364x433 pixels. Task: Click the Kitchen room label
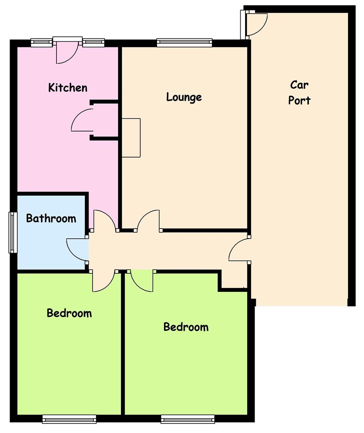(68, 87)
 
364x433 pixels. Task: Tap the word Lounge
(184, 97)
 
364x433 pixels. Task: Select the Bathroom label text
(51, 218)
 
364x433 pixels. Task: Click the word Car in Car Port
(299, 85)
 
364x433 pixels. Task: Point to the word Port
(299, 100)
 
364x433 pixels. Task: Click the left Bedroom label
(69, 313)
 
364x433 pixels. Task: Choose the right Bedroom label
(186, 327)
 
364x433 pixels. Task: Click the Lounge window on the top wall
(185, 42)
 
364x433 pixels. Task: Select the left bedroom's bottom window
(69, 419)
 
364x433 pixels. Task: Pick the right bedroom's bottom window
(187, 419)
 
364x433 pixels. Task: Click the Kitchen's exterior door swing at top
(67, 53)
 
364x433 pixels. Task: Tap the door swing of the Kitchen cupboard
(82, 120)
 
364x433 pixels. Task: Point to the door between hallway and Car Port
(239, 250)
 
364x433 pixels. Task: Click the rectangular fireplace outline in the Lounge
(131, 138)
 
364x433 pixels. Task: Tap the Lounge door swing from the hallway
(148, 220)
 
